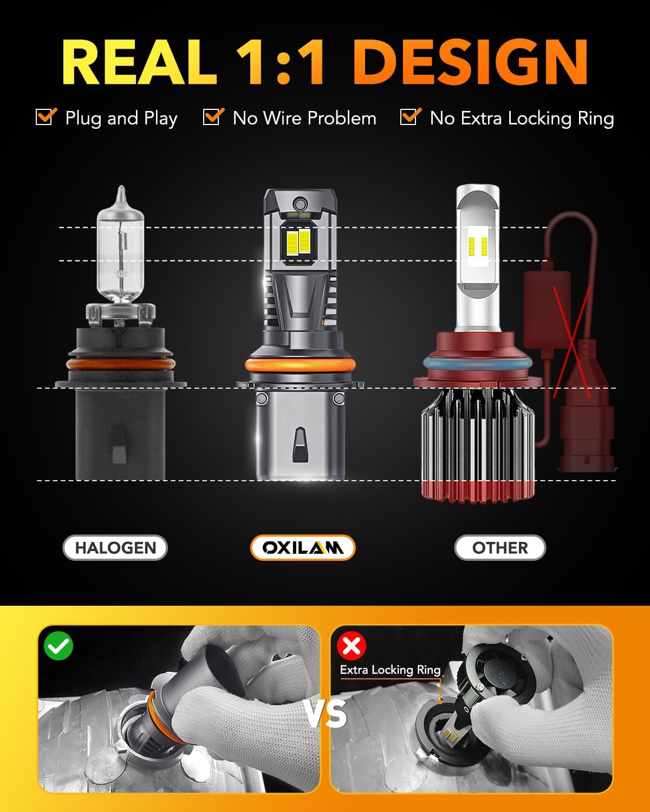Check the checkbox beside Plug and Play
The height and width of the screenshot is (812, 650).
[45, 117]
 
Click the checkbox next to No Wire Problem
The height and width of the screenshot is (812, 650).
[213, 117]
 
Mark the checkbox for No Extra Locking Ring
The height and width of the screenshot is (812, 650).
[410, 117]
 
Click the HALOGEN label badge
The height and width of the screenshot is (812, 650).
[115, 548]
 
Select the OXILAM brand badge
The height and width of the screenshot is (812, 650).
[302, 548]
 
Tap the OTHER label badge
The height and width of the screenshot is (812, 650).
[499, 548]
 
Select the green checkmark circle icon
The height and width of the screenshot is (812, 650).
[59, 646]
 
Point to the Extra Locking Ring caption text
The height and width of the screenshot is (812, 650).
[390, 670]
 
